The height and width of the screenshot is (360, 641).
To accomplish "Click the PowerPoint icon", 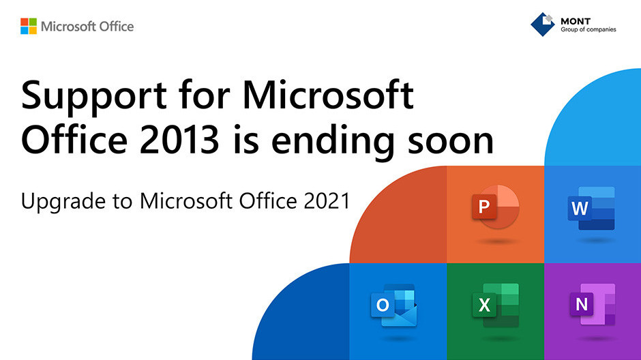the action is [496, 207].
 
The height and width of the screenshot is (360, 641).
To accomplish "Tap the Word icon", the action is [591, 209].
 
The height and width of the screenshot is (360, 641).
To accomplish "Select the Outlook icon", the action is [394, 305].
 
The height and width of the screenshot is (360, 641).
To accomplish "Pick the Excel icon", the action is [496, 305].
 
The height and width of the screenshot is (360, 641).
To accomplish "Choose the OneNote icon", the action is [593, 304].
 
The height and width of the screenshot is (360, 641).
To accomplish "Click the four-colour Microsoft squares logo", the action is [29, 26].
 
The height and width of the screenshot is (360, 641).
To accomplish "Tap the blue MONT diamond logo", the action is [543, 24].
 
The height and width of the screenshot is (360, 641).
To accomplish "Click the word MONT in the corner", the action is [576, 21].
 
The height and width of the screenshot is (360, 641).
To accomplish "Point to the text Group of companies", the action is [588, 29].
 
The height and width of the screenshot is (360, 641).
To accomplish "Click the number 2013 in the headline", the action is [179, 140].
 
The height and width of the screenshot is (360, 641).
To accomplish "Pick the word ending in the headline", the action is [333, 142].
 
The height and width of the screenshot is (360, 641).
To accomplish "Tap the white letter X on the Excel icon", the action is [484, 305].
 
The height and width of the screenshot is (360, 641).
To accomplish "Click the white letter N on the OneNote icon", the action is [581, 304].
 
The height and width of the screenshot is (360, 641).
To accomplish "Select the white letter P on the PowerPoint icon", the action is [484, 207].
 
